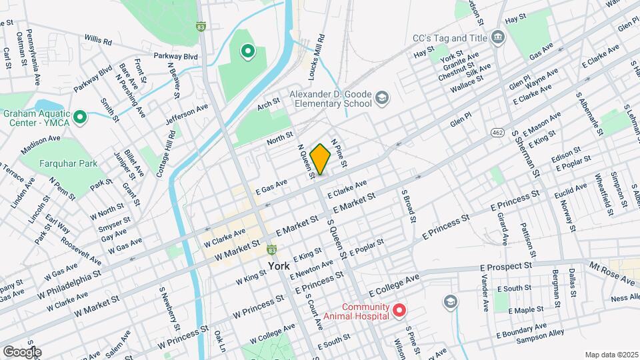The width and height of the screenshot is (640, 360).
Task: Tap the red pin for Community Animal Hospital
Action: tap(399, 310)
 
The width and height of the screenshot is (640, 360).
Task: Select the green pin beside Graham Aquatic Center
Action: tap(80, 118)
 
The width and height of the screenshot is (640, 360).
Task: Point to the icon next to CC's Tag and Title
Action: tap(497, 37)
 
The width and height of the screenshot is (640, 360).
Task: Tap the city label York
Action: tap(279, 266)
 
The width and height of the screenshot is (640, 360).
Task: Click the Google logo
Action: tap(22, 351)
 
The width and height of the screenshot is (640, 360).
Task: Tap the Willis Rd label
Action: tap(97, 40)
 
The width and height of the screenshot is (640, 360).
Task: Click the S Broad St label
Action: tap(409, 205)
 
